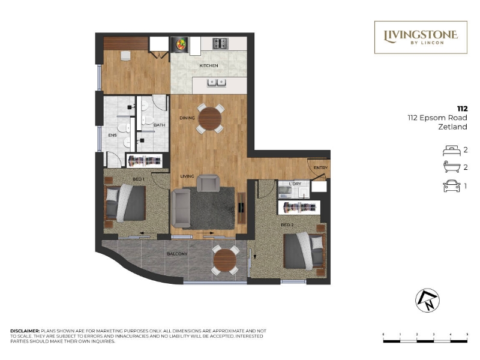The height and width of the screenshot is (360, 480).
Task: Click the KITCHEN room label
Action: coord(209,65)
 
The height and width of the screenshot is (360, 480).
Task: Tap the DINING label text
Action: coord(187,118)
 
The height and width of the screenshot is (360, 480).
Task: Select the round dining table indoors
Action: coord(209,119)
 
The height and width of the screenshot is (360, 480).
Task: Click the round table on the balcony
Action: coord(225,260)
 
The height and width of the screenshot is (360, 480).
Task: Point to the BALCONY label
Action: coord(177,254)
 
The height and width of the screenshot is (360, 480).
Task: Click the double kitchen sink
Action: coord(217,83)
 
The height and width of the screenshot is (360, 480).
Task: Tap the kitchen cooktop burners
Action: coord(220,43)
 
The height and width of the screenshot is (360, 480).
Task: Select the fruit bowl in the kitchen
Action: coord(181,44)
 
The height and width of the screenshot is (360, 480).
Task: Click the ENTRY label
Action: coord(320,168)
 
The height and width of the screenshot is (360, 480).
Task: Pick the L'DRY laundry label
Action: coord(295,184)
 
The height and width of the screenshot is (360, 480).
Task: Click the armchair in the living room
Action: coord(208,183)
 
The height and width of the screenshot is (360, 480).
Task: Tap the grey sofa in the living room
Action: coord(181,208)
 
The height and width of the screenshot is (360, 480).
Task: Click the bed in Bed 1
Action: coord(125,203)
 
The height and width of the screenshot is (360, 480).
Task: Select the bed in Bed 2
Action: coord(304,251)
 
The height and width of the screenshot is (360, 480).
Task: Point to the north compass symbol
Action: coord(427,301)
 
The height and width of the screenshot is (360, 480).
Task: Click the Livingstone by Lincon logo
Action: coord(421,37)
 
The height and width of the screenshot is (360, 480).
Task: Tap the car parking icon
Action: coord(452,186)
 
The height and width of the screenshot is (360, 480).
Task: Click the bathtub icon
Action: coord(452,167)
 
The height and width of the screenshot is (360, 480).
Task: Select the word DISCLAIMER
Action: coord(25,331)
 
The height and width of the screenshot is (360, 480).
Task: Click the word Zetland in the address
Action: coord(453,127)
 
